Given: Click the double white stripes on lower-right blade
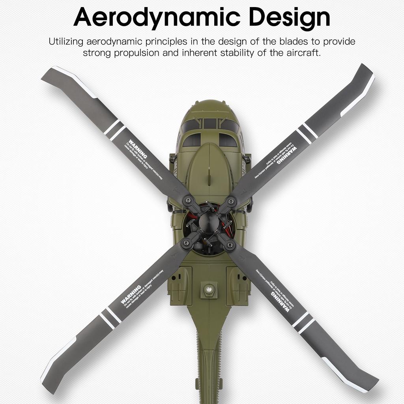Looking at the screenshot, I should [x=303, y=322].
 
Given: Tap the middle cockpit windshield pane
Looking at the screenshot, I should [x=210, y=123].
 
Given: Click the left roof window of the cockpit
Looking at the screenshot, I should [x=192, y=140].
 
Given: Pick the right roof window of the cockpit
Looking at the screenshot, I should [x=228, y=140].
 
